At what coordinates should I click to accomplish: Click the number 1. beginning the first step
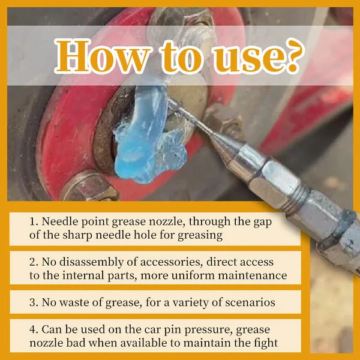(x=34, y=221)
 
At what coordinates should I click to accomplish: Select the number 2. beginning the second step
(x=34, y=262)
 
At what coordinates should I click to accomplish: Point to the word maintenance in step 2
(x=254, y=276)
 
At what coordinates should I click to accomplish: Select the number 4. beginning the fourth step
(x=34, y=329)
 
